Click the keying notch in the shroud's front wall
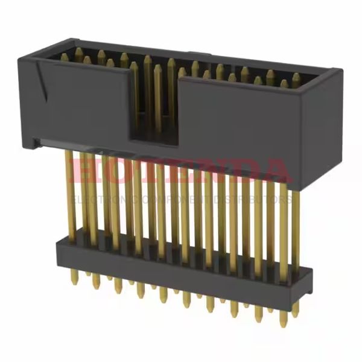pos(156,109)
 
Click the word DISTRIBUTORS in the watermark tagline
pos(259,198)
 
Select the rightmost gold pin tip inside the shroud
pos(296,77)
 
